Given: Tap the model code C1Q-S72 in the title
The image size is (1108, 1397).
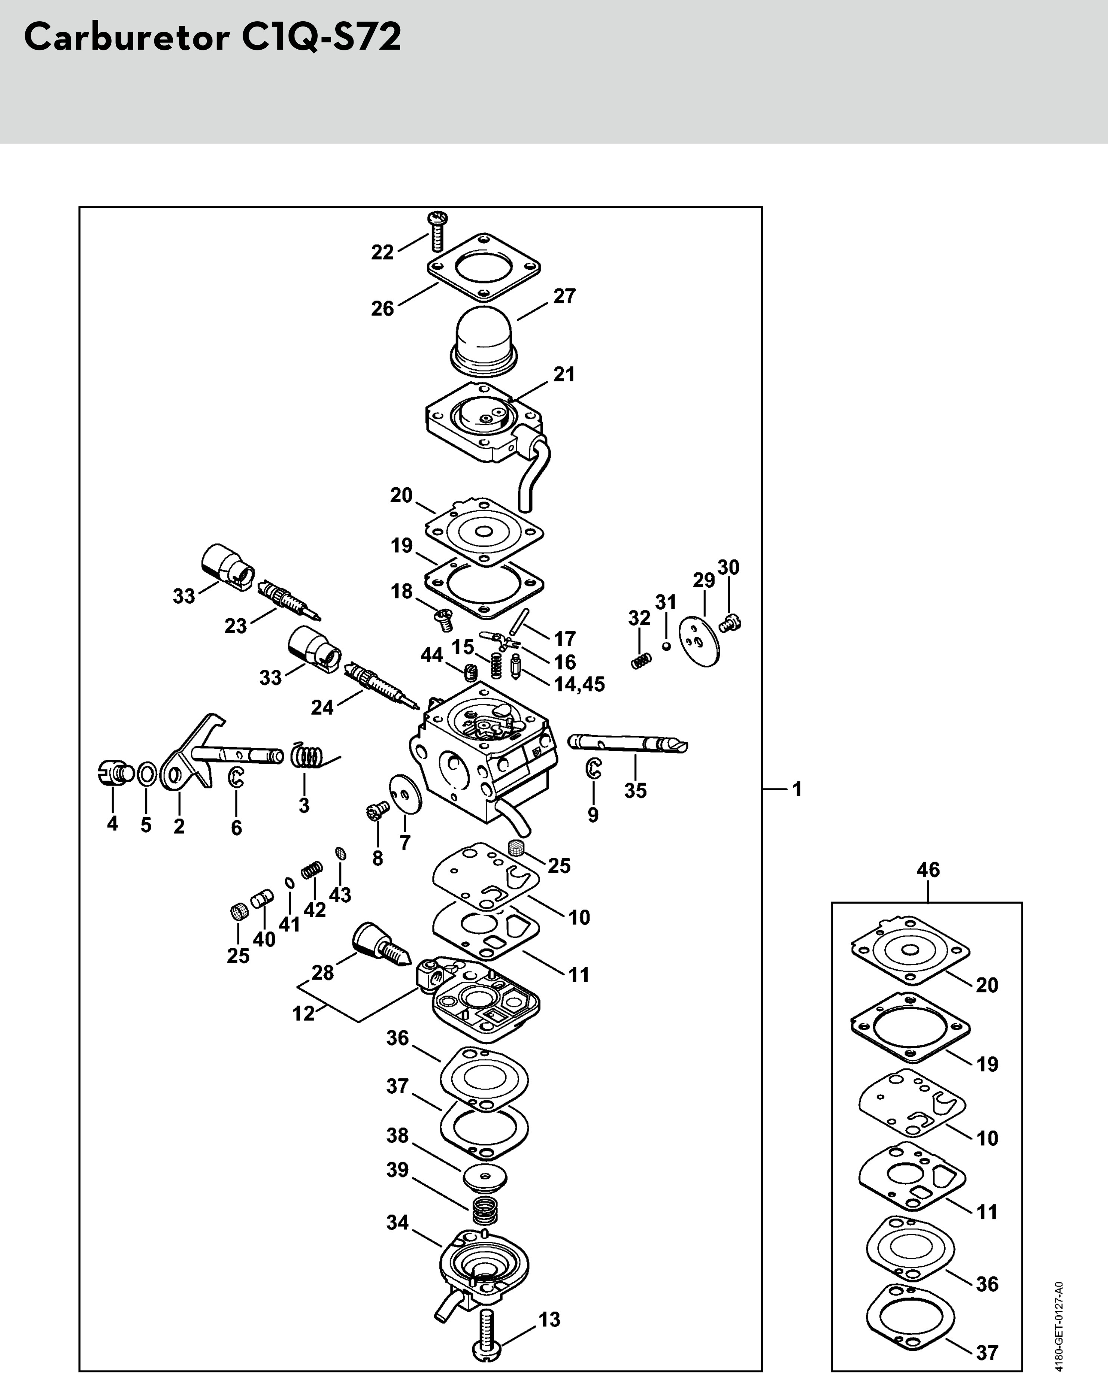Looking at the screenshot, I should tap(321, 38).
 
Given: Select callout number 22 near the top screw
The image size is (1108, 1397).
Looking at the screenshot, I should tap(383, 252).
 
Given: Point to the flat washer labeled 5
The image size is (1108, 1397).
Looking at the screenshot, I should tap(147, 773).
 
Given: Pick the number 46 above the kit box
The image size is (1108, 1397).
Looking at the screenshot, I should tap(928, 869).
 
